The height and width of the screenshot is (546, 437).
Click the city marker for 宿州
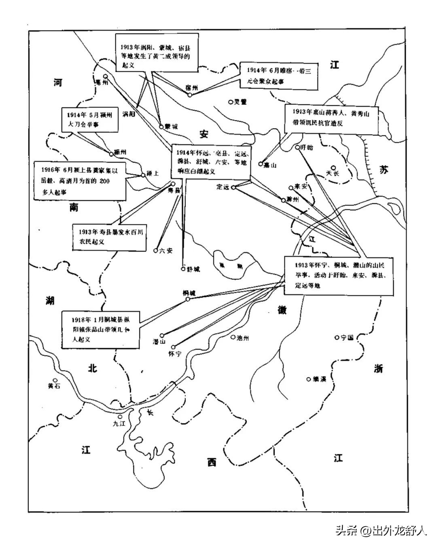point(189,95)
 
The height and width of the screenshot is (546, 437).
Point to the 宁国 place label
point(347,337)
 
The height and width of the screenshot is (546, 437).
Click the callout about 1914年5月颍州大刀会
point(90,119)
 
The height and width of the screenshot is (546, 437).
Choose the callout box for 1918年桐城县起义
point(101,328)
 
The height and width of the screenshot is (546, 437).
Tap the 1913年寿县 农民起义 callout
point(109,237)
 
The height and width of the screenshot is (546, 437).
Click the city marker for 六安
point(155,250)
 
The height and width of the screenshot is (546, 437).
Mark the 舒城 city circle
point(183,268)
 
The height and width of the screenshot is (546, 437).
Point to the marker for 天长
point(333,167)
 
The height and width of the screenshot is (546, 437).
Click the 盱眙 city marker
point(297,147)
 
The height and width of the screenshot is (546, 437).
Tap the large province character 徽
point(282,310)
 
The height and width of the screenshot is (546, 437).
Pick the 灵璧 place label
point(240,102)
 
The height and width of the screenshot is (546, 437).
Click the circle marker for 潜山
point(162,335)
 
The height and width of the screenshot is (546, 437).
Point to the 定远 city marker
point(233,187)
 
